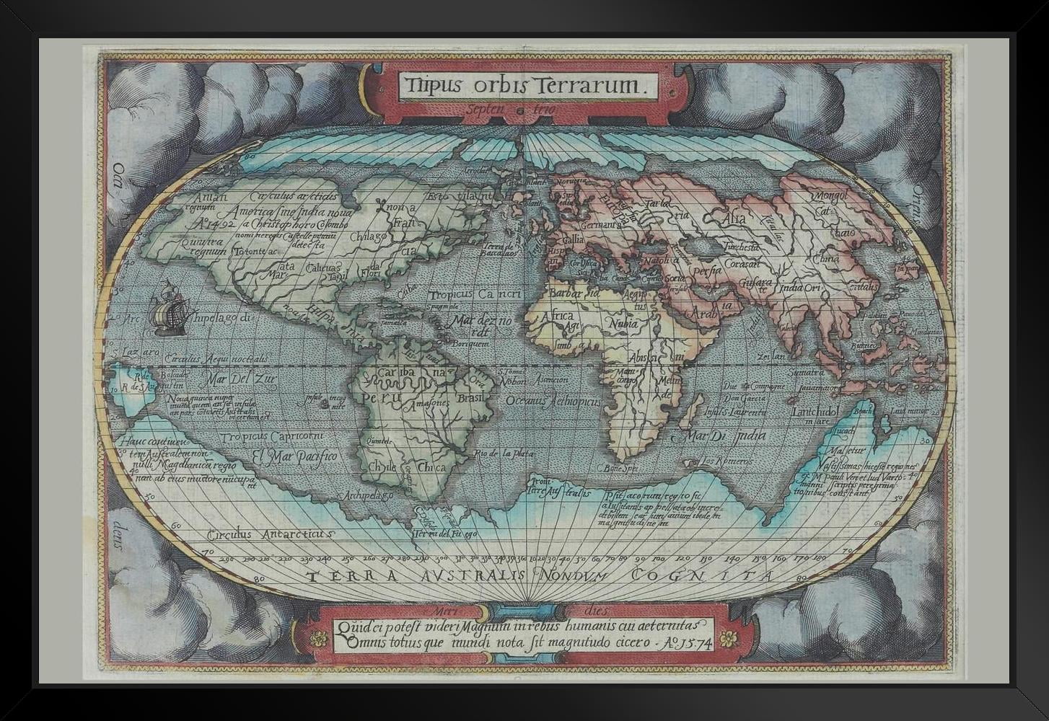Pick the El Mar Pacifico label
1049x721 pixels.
point(294,456)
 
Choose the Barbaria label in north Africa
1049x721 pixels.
point(574,293)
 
